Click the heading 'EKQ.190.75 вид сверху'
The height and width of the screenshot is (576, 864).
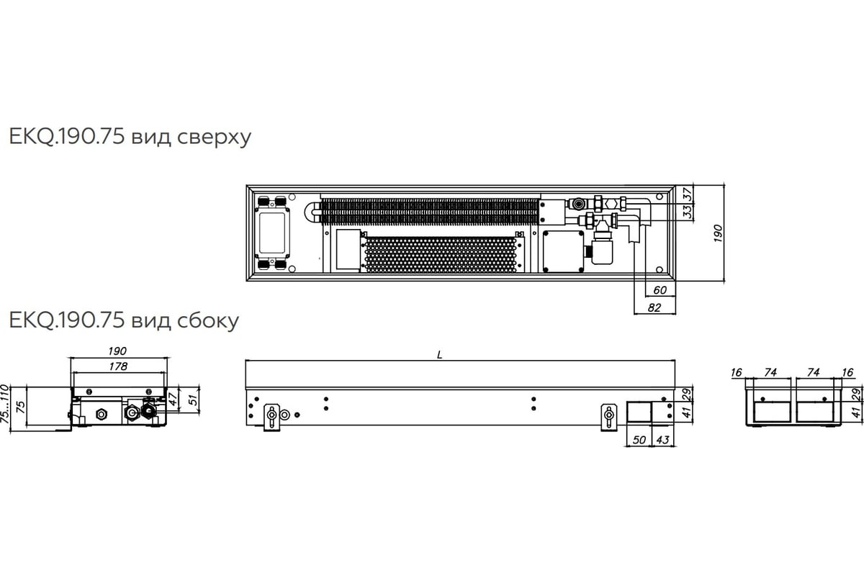tap(130, 137)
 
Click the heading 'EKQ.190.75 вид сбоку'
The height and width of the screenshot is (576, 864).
tap(124, 320)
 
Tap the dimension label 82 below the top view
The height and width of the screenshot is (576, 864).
tap(654, 307)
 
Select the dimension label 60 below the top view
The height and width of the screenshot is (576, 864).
tap(660, 289)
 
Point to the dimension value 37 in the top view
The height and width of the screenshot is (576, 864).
tap(688, 194)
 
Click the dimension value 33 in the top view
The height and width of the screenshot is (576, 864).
tap(688, 212)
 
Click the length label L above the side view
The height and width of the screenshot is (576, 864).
tap(439, 355)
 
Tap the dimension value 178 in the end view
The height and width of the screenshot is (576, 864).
tap(118, 366)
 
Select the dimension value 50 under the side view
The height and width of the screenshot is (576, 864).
tap(639, 440)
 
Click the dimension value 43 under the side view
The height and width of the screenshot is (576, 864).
tap(662, 440)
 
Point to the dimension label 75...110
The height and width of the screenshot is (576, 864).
tap(4, 403)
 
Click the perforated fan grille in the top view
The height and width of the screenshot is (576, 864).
tap(441, 255)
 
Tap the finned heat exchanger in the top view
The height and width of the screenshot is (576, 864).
tap(430, 212)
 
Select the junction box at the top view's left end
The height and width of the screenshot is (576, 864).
tap(272, 233)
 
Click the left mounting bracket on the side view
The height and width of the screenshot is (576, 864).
tap(272, 418)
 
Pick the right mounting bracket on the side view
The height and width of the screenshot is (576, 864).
tap(609, 418)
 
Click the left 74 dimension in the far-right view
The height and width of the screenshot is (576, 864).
tap(770, 372)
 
